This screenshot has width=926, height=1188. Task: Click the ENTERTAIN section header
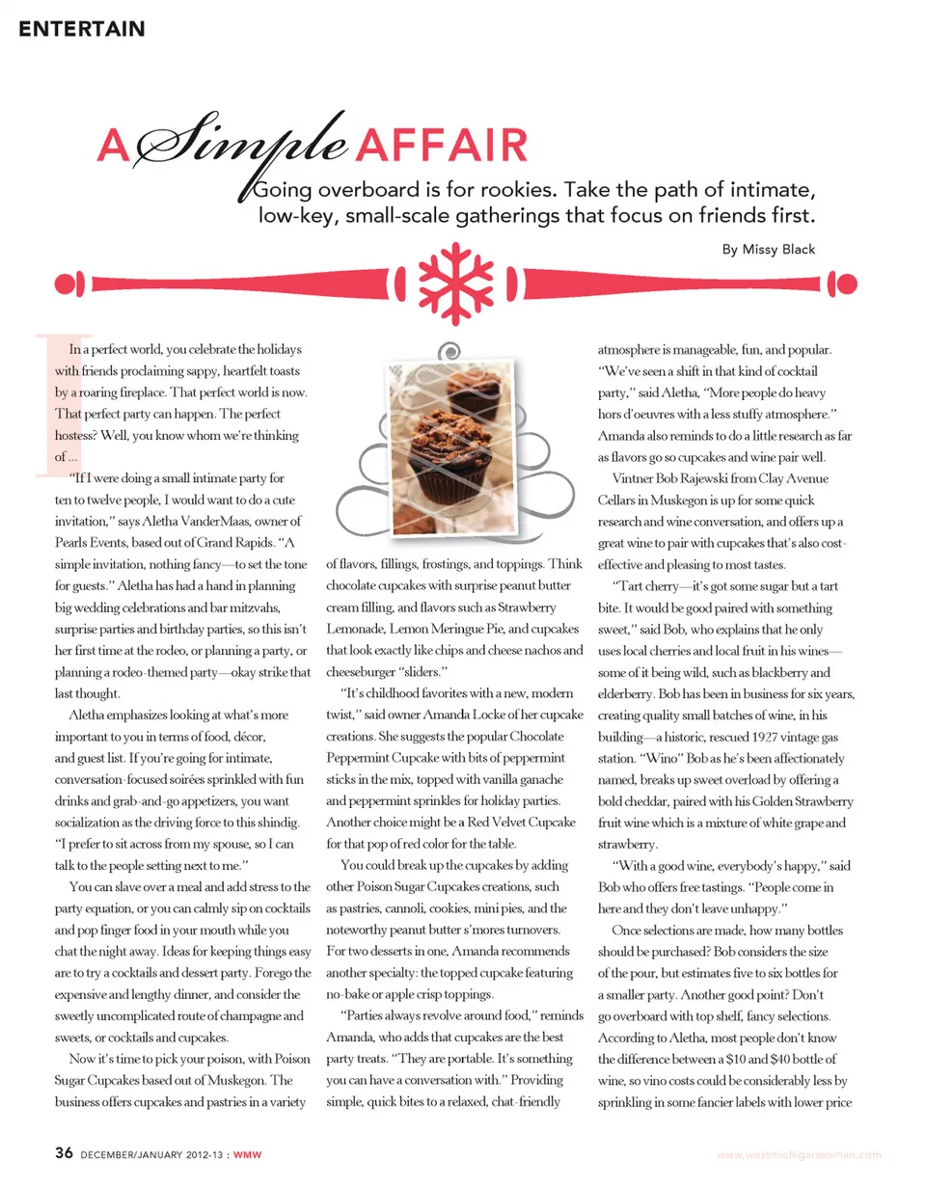coord(82,29)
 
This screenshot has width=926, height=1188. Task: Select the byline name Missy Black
coord(778,250)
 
